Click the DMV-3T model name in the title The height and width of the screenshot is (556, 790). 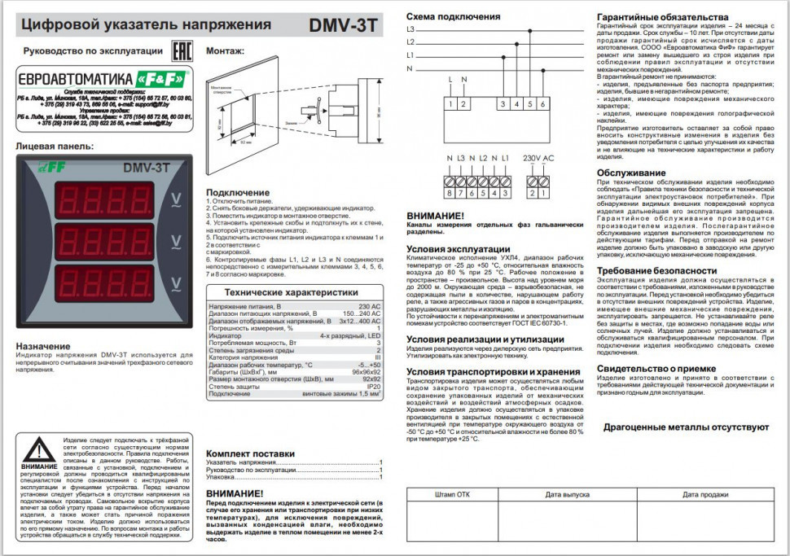coord(343,24)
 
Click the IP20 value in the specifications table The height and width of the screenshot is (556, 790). coord(374,387)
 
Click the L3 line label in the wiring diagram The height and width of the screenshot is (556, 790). coord(410,28)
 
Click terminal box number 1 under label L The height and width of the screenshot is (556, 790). coord(450,103)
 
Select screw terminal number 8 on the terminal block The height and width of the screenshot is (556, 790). coord(449,192)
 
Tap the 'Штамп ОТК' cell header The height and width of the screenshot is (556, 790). coord(453,494)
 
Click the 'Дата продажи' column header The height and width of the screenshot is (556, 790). coord(705,494)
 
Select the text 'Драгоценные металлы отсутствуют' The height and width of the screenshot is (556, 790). coord(686,427)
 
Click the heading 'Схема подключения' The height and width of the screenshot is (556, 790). coord(453,16)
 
